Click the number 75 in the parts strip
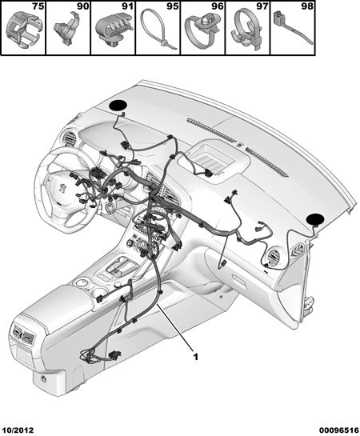pos(38,6)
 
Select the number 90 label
pos(83,6)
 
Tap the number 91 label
pos(128,6)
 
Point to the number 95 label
pos(173,6)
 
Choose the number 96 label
pos(218,6)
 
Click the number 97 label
pos(262,6)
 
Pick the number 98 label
pos(307,6)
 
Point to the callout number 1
pos(196,357)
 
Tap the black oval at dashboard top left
pos(118,106)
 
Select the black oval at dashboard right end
pos(315,220)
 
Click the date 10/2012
pos(18,430)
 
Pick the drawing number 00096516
pos(339,430)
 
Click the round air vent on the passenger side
pos(274,258)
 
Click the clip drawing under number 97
pos(247,29)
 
